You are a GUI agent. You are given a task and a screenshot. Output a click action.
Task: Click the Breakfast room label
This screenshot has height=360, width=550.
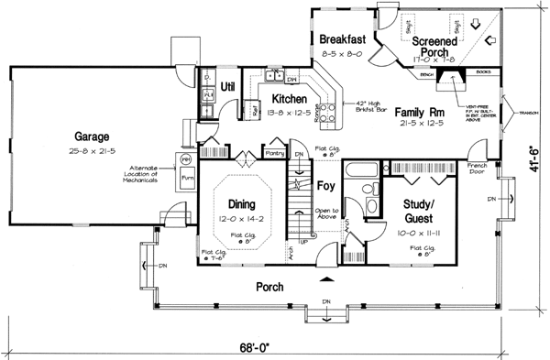[343, 39]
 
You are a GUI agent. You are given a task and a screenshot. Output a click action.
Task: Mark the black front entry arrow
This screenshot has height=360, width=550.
[324, 276]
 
